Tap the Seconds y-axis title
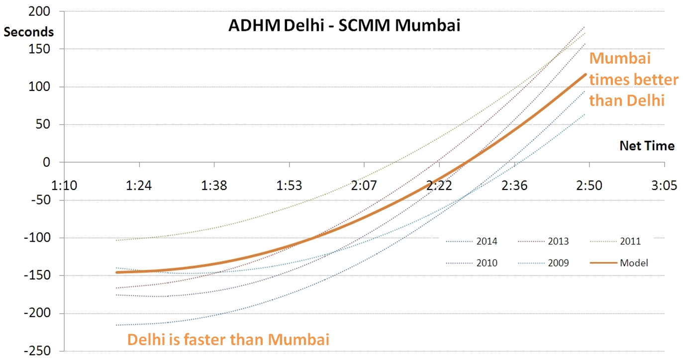click(x=28, y=32)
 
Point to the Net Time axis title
click(x=647, y=146)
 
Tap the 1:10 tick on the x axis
click(x=65, y=186)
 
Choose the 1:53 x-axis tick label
click(x=289, y=186)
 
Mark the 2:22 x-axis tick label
click(x=439, y=186)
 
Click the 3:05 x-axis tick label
click(x=664, y=186)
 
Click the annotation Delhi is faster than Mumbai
click(x=228, y=340)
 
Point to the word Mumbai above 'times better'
click(x=620, y=59)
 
